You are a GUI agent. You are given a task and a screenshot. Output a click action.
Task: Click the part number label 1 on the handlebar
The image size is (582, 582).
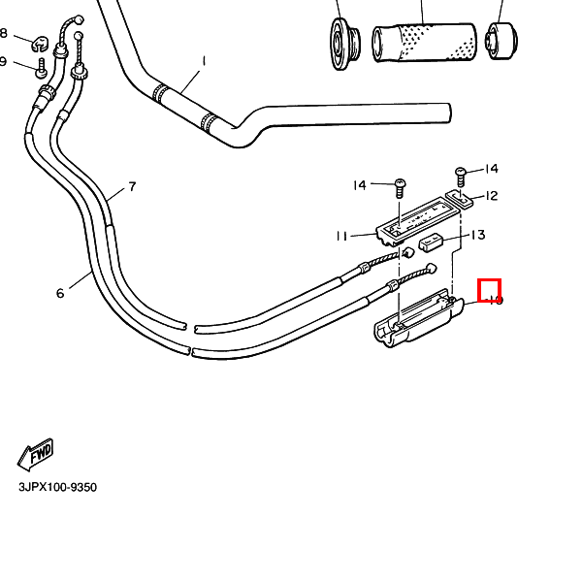(204, 60)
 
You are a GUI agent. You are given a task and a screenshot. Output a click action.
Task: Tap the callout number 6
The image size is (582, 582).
(60, 293)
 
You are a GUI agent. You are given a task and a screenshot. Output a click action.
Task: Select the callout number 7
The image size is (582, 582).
(132, 187)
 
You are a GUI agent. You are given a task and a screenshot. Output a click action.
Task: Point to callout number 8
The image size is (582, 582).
(4, 34)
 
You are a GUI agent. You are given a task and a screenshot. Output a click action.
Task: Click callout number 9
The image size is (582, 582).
(4, 62)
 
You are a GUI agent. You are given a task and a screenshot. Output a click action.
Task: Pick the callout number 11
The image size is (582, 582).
(341, 236)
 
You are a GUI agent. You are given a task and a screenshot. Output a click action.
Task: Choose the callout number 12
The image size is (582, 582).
(492, 196)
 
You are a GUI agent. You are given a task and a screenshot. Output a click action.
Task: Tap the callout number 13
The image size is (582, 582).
(477, 235)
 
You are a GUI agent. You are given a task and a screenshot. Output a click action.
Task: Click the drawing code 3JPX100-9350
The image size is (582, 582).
(57, 488)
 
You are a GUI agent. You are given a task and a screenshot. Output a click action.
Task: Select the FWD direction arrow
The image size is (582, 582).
(36, 453)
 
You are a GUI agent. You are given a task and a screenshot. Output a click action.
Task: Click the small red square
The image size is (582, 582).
(490, 289)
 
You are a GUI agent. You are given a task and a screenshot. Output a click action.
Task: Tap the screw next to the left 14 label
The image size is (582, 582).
(399, 187)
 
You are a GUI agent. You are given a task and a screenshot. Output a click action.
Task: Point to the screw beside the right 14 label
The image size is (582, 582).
(461, 177)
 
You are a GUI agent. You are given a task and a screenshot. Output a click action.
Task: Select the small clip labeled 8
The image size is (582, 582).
(40, 42)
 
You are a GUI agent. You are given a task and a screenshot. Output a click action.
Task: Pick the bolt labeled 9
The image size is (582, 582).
(41, 69)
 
